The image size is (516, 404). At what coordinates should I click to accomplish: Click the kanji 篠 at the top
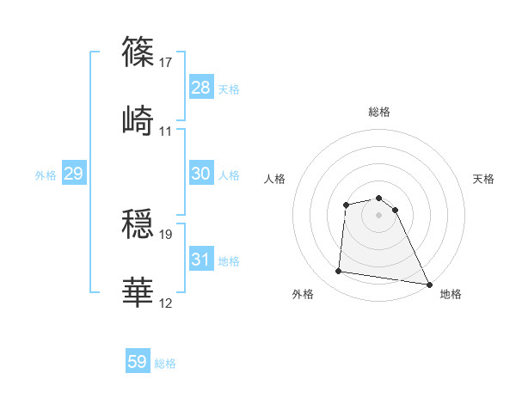coord(139,52)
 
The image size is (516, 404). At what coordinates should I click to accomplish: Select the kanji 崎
coord(139,121)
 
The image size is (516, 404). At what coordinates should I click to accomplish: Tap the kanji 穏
coord(139,223)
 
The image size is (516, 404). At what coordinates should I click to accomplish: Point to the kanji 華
coord(139,293)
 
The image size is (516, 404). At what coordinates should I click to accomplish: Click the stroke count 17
coord(167,62)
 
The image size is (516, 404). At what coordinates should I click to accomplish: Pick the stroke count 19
coord(167,234)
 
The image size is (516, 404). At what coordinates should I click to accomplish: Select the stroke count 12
coord(167,303)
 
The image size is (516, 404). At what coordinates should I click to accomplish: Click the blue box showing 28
coord(200,88)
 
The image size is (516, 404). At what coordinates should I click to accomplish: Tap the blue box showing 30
coord(200,174)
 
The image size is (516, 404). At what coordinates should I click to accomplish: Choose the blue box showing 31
coord(200,260)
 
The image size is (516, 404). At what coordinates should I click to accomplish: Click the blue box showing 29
coord(73,174)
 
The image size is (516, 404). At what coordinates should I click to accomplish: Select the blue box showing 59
coord(138,362)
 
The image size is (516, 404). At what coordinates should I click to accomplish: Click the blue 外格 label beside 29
coord(46,175)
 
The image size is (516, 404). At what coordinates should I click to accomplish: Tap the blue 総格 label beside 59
coord(165,364)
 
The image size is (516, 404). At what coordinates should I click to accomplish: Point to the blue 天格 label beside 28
coord(229,89)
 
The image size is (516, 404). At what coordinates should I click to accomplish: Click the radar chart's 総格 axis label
coord(379,112)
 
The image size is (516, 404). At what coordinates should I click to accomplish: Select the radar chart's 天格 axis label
coord(483,179)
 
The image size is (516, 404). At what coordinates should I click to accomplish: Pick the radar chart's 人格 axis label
coord(275,179)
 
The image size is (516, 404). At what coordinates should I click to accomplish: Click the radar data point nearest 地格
coord(429,284)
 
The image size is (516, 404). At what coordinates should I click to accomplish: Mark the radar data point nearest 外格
coord(339,272)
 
